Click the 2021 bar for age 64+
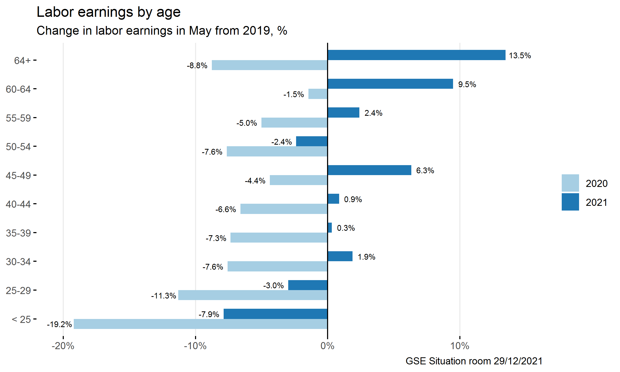416,55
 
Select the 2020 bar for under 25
201,324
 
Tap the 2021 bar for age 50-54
312,141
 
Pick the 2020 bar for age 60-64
318,94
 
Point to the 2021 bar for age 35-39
330,228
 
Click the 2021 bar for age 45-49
369,170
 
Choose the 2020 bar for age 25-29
253,295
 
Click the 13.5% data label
520,56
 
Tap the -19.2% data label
59,324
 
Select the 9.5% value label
467,85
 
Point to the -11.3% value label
164,296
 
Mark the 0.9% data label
353,200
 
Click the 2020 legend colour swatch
570,183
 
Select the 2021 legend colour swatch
570,202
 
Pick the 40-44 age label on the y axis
18,204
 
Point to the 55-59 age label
18,118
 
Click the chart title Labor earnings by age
108,12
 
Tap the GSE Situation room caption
474,361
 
